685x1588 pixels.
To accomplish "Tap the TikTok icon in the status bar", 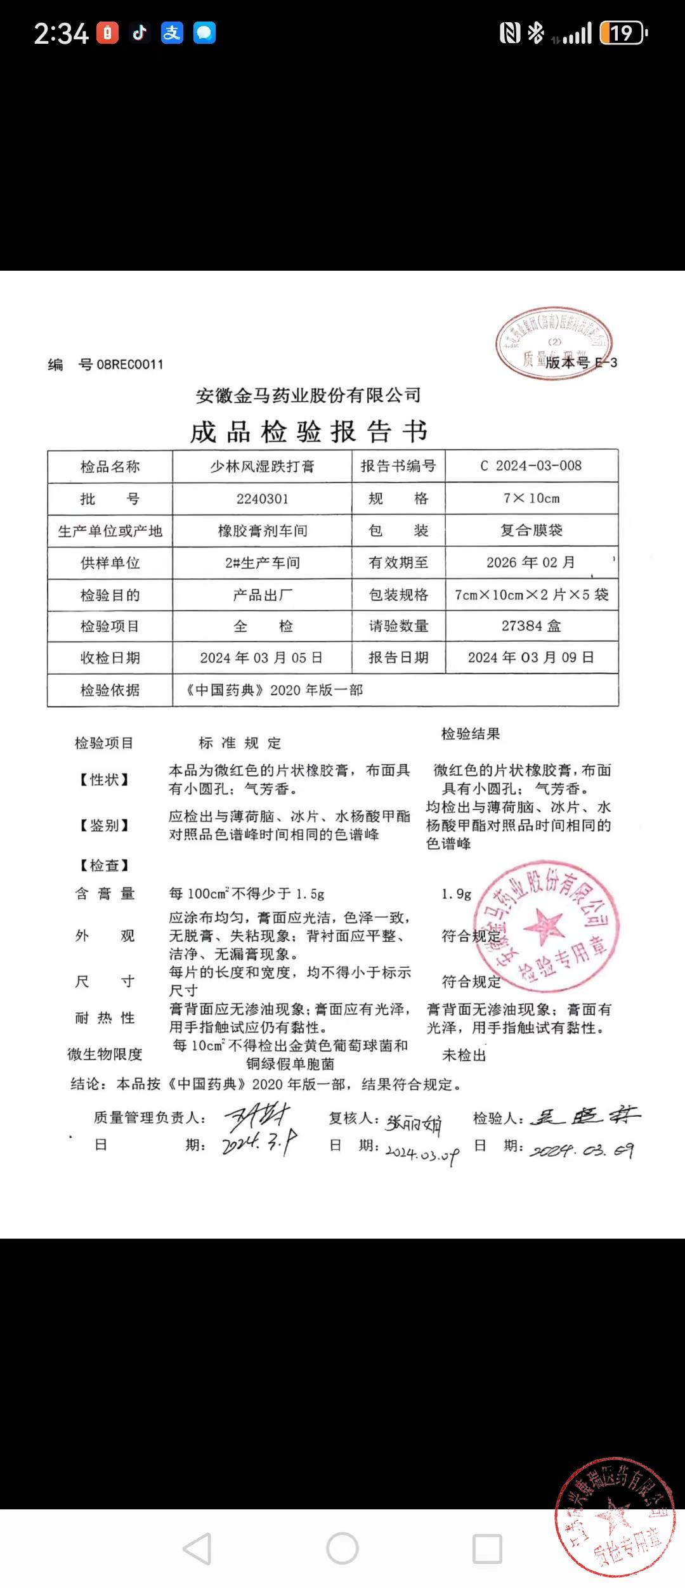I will (140, 32).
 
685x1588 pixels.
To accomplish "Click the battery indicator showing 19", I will (623, 32).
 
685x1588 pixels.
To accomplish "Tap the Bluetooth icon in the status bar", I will (537, 32).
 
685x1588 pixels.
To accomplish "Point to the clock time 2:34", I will (61, 34).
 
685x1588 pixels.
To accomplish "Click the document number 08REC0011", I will (130, 365).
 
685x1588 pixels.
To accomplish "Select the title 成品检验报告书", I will (309, 432).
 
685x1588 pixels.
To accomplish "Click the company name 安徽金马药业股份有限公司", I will (308, 396).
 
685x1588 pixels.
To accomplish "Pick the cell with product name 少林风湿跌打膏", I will (262, 467).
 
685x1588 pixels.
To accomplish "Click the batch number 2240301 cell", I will (262, 499).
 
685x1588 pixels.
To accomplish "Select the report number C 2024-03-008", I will (531, 466).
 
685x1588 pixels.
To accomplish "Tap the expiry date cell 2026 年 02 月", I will (531, 563).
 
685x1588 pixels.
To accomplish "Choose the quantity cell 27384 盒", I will (531, 627).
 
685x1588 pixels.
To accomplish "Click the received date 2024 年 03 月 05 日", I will (261, 658).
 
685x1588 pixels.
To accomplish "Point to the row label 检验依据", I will (110, 690).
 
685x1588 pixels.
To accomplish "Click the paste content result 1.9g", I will (456, 894).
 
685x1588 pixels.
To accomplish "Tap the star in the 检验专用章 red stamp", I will (543, 925).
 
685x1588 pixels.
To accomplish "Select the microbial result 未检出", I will (464, 1055).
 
